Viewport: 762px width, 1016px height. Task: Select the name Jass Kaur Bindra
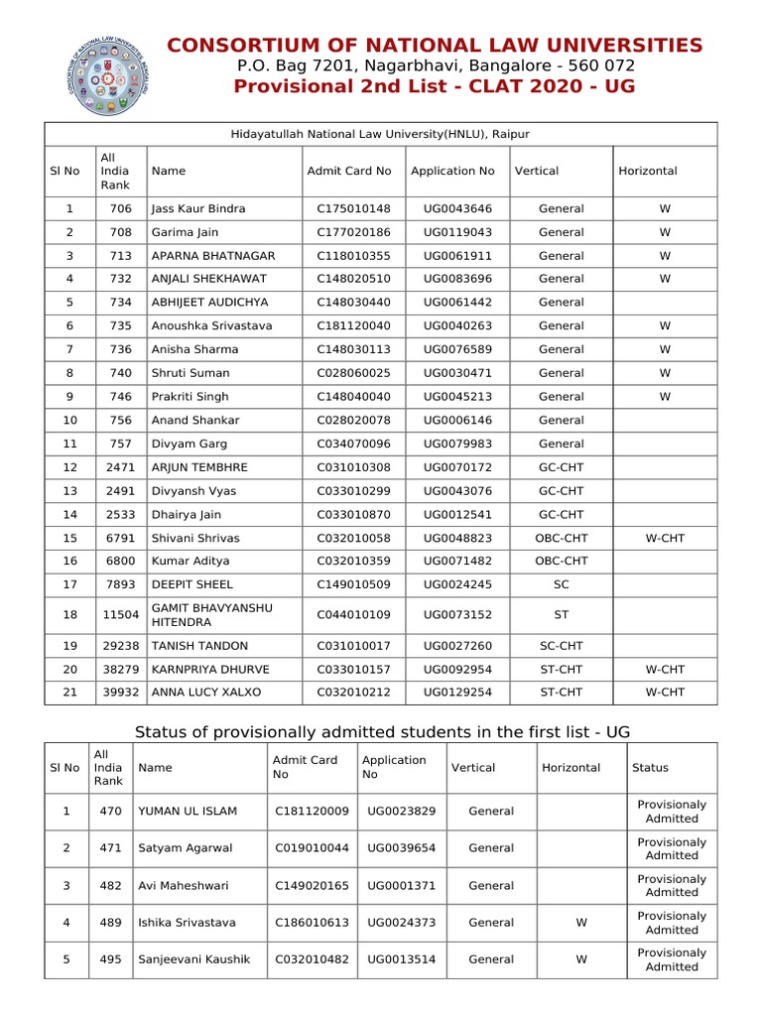coord(197,209)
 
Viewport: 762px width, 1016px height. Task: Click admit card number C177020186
coord(353,232)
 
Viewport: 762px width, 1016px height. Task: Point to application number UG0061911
coord(457,256)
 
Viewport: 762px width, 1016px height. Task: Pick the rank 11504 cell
coord(121,615)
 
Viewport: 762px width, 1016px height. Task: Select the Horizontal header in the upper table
coord(647,171)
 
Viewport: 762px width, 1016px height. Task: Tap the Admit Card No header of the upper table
coord(349,171)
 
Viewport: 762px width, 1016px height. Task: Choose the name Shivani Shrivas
coord(194,538)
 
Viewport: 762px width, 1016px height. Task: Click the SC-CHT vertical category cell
coord(562,646)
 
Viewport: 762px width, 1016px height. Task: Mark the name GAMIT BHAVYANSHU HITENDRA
coord(211,614)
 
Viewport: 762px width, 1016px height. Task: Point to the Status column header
coord(650,768)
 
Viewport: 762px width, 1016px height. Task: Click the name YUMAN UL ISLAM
coord(188,812)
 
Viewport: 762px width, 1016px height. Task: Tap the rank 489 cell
coord(110,923)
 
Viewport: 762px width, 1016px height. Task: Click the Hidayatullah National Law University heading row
coord(380,134)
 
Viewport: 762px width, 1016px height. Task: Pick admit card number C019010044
coord(312,848)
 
